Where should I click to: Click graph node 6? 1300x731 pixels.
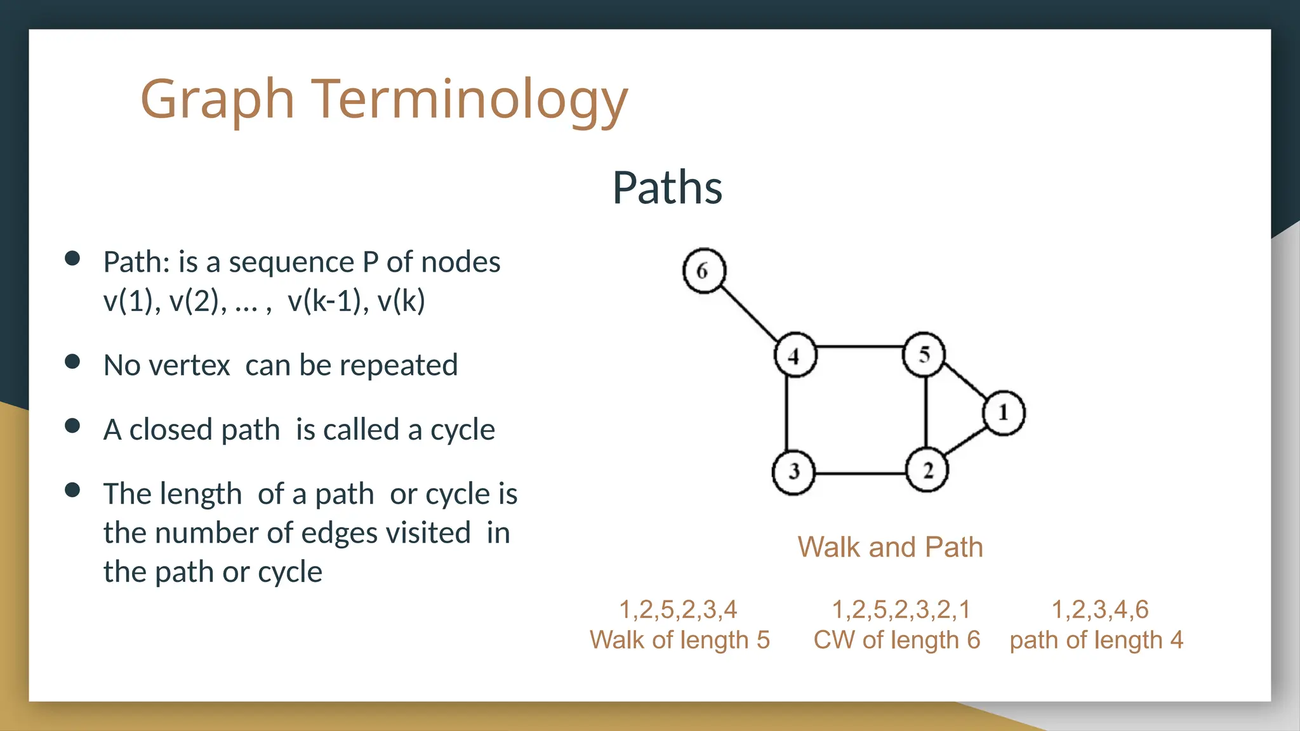click(704, 271)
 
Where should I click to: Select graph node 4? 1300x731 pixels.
click(795, 355)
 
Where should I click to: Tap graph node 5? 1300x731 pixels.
click(924, 354)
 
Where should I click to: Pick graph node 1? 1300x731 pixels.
click(1004, 413)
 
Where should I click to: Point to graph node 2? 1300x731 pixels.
click(927, 470)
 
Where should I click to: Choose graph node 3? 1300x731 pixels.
click(793, 472)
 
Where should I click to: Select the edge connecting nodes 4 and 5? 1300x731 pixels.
click(859, 347)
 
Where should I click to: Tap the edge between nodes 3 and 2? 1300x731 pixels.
click(860, 473)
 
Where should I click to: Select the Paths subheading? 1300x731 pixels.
click(667, 188)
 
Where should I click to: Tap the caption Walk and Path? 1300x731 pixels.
click(890, 547)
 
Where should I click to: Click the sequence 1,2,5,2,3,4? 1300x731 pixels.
click(678, 609)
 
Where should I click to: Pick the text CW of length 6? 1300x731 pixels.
click(896, 640)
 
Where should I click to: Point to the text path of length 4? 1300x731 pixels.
click(1096, 640)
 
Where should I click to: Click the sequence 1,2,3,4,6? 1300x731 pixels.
click(1100, 609)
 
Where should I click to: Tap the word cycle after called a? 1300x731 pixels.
click(462, 430)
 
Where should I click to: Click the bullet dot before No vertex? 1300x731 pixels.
click(72, 361)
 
